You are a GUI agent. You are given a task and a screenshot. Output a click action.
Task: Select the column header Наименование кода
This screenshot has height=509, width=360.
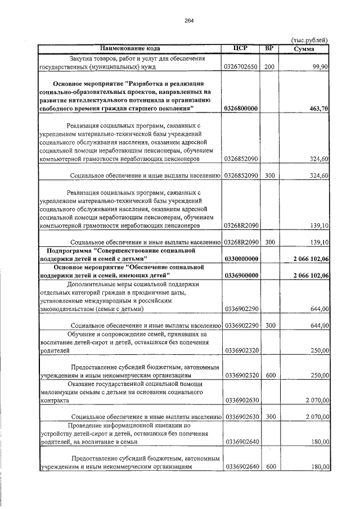pyautogui.click(x=130, y=48)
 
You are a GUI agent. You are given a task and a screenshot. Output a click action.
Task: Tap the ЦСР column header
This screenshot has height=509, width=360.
pyautogui.click(x=241, y=48)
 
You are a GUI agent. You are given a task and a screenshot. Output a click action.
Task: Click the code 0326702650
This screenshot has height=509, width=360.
pyautogui.click(x=241, y=66)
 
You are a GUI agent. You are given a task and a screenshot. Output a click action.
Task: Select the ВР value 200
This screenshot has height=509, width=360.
pyautogui.click(x=269, y=66)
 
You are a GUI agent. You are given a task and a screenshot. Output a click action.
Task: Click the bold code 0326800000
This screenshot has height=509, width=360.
pyautogui.click(x=241, y=107)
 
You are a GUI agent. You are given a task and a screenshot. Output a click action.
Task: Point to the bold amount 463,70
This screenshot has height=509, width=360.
pyautogui.click(x=318, y=107)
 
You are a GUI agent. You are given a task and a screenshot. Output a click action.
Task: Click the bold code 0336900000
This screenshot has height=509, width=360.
pyautogui.click(x=241, y=275)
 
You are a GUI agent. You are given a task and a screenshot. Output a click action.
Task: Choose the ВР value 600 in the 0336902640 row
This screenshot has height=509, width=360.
pyautogui.click(x=269, y=467)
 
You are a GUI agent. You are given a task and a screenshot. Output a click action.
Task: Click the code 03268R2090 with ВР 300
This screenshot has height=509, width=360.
pyautogui.click(x=241, y=242)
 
